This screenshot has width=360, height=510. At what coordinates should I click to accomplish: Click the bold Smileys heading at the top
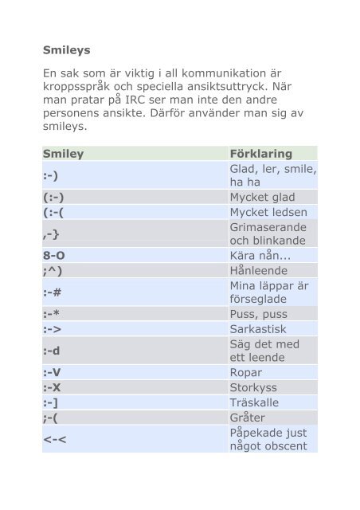pyautogui.click(x=66, y=49)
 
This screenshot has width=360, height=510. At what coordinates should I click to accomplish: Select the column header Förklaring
pyautogui.click(x=260, y=153)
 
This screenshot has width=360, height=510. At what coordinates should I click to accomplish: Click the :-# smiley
pyautogui.click(x=55, y=292)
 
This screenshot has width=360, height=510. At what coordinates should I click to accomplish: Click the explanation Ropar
pyautogui.click(x=246, y=372)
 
